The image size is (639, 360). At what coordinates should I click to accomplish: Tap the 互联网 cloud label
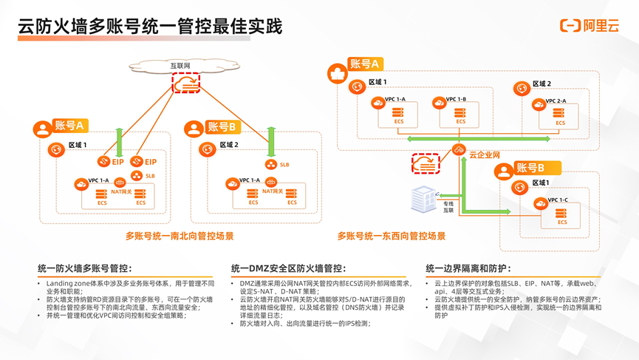(180, 67)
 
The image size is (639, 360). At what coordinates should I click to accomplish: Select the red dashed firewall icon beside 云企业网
(426, 163)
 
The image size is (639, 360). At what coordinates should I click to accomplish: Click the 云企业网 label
(485, 154)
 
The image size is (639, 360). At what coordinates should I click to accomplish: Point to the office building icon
(423, 200)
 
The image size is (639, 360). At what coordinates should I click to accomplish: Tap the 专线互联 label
(448, 207)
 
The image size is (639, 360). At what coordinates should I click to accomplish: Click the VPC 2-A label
(556, 101)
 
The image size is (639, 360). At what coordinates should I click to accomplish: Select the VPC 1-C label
(558, 200)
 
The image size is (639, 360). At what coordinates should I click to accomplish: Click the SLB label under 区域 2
(284, 165)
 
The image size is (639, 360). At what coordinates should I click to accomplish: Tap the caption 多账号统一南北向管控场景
(180, 237)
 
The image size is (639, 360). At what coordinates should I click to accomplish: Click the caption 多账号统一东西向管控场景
(392, 237)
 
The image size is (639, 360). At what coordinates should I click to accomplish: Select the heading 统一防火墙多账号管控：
(85, 268)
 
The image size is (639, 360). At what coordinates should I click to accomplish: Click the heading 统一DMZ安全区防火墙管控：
(288, 268)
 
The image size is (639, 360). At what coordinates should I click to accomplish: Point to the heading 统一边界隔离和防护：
(468, 268)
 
